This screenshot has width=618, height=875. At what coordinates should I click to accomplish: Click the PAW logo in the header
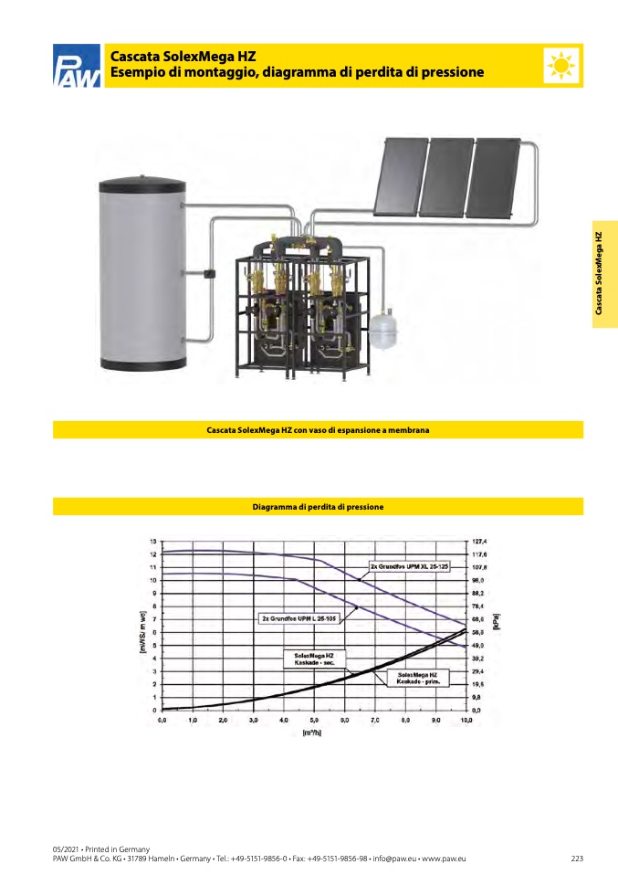tap(77, 67)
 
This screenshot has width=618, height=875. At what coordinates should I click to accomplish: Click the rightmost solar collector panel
tap(496, 173)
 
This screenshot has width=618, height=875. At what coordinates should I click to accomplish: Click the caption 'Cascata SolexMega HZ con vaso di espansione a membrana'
tap(318, 429)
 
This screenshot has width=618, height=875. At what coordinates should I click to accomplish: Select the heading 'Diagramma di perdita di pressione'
tap(318, 506)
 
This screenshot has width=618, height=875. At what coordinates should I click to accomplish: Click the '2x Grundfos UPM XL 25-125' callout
tap(410, 567)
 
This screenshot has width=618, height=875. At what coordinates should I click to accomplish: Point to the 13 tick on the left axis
tap(153, 541)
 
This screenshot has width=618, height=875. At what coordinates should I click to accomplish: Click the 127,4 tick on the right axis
tap(478, 541)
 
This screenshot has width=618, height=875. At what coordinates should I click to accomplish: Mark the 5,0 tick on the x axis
tap(314, 721)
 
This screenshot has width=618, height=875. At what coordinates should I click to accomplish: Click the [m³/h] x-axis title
tap(311, 733)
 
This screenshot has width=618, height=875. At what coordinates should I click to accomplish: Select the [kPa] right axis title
tap(497, 624)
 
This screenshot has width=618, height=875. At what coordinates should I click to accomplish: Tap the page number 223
tap(576, 859)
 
